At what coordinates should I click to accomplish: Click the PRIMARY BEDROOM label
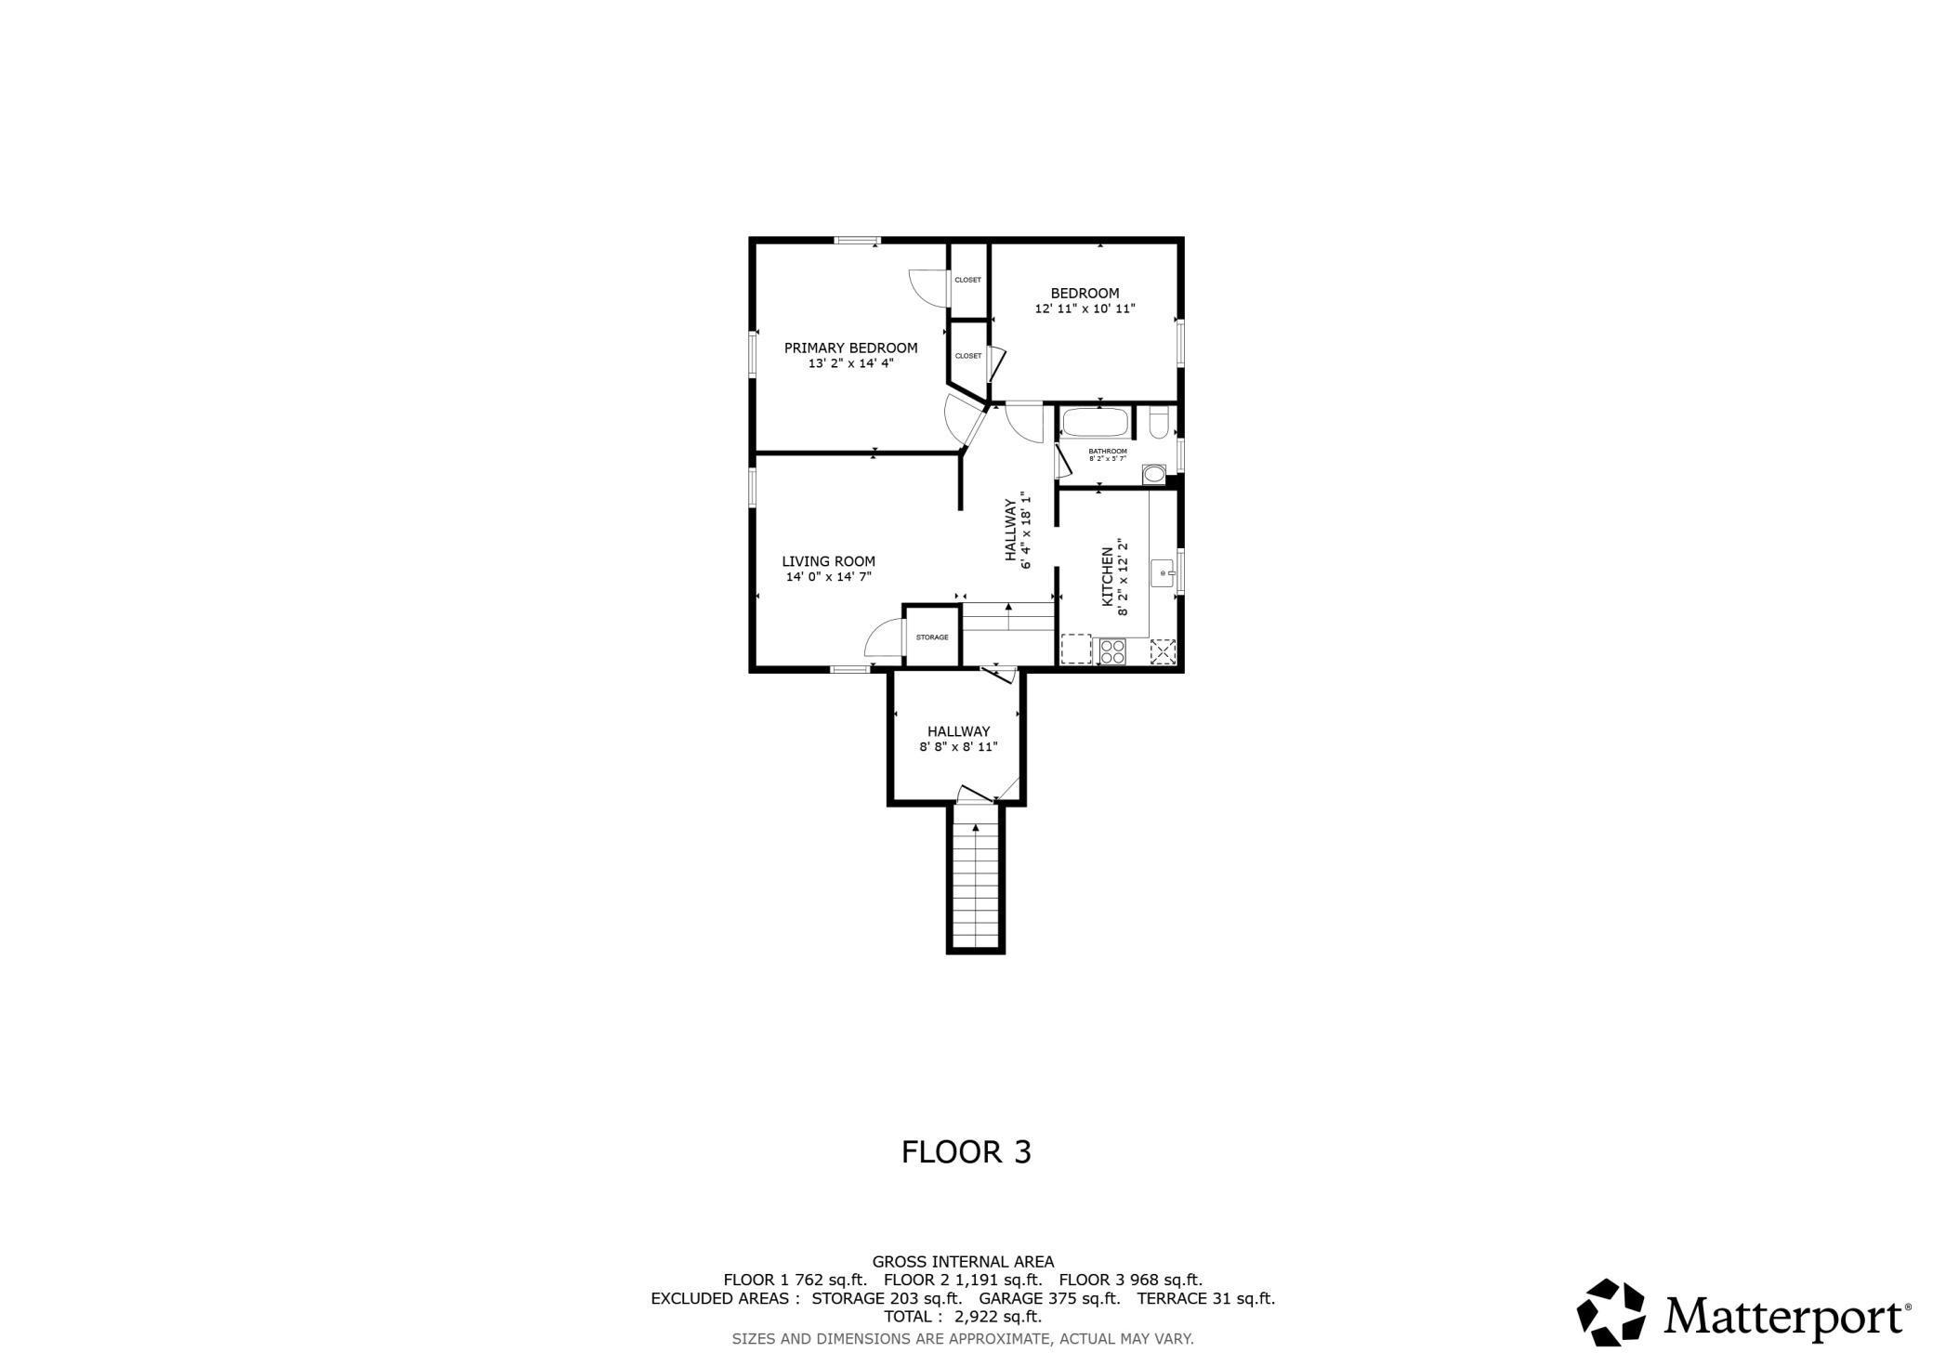point(850,348)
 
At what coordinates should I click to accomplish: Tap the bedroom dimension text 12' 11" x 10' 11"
point(1085,309)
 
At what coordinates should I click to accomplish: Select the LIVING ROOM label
point(828,561)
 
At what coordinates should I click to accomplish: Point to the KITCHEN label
point(1108,576)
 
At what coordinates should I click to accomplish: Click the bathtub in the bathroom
point(1095,423)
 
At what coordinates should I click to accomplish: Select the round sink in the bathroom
point(1153,475)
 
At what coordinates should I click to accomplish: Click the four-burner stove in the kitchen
point(1111,651)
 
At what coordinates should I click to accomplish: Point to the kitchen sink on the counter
point(1163,573)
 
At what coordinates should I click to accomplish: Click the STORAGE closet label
point(932,637)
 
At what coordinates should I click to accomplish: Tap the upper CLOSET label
point(967,280)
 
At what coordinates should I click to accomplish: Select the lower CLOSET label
point(967,356)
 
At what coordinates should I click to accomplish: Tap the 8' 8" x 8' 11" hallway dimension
point(958,746)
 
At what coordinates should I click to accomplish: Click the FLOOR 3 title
point(966,1152)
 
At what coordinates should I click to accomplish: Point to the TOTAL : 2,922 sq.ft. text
point(963,1317)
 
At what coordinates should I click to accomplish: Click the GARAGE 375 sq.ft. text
point(1049,1298)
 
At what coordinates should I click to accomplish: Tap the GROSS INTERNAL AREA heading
point(963,1262)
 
